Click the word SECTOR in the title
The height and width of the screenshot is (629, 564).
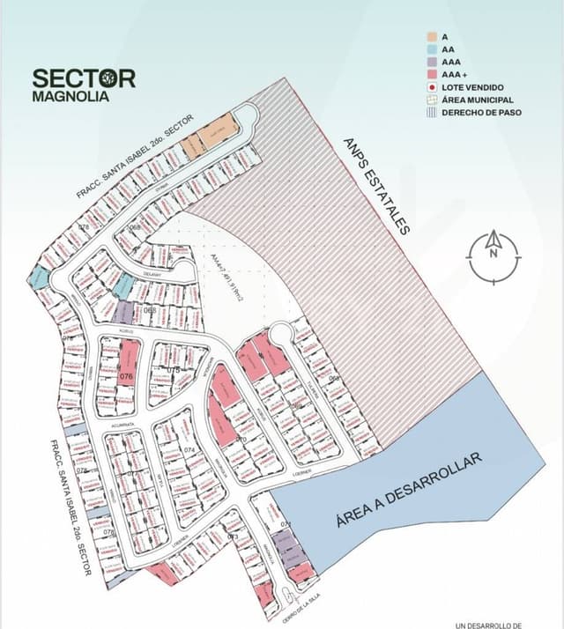[84, 78]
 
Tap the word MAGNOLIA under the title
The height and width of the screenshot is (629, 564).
[70, 97]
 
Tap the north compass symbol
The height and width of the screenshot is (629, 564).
[493, 256]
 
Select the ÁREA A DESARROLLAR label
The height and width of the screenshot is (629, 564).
[409, 490]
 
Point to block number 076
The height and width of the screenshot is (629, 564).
[126, 376]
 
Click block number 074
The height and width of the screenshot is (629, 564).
[189, 450]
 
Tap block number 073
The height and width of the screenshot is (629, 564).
[233, 536]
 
